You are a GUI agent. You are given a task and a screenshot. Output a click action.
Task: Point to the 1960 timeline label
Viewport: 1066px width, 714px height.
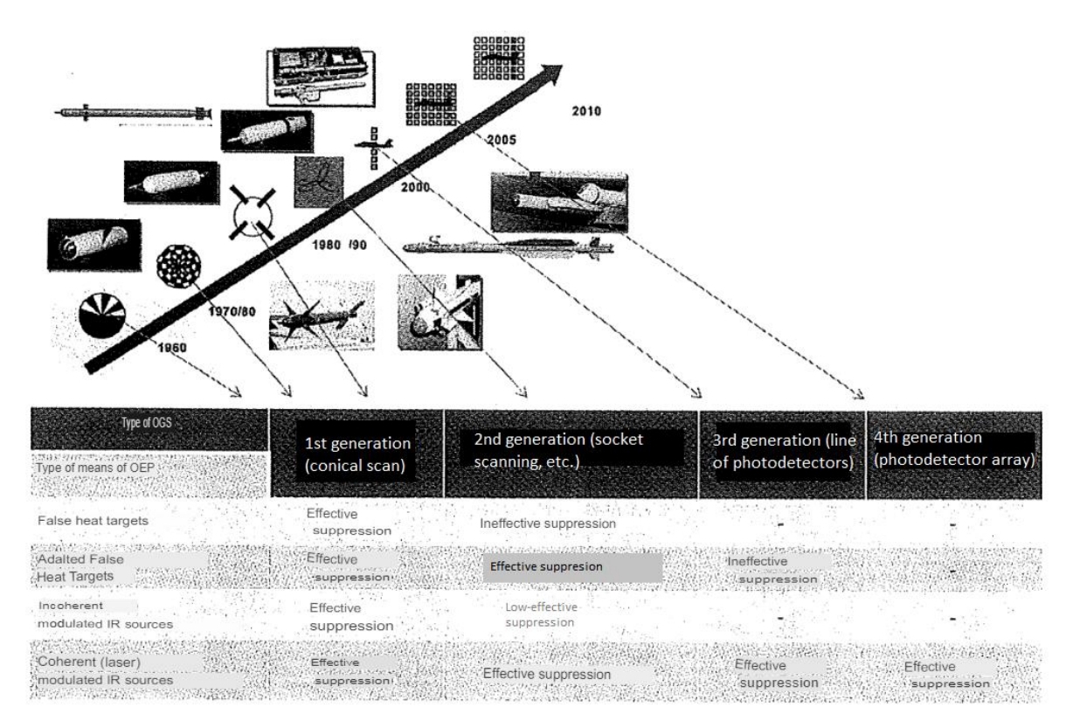click(x=174, y=347)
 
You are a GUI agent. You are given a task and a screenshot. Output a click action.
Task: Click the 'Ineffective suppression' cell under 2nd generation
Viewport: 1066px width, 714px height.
click(x=548, y=523)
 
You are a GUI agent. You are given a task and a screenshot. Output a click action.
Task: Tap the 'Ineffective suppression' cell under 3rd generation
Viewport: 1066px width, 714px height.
click(x=772, y=570)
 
